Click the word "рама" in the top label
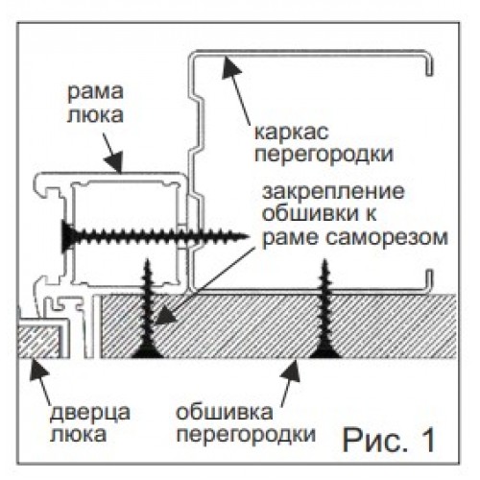coord(95,91)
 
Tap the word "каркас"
coord(292,132)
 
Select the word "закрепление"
coord(333,192)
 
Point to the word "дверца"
coord(90,413)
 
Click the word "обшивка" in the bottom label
coord(225,412)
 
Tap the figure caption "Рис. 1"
coord(389,440)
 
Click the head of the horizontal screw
coord(68,236)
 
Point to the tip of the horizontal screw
coord(248,236)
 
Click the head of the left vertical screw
coord(147,351)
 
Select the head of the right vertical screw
coord(325,351)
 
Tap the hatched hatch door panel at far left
coord(38,342)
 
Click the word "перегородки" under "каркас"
coord(324,155)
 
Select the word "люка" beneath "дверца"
coord(79,434)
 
